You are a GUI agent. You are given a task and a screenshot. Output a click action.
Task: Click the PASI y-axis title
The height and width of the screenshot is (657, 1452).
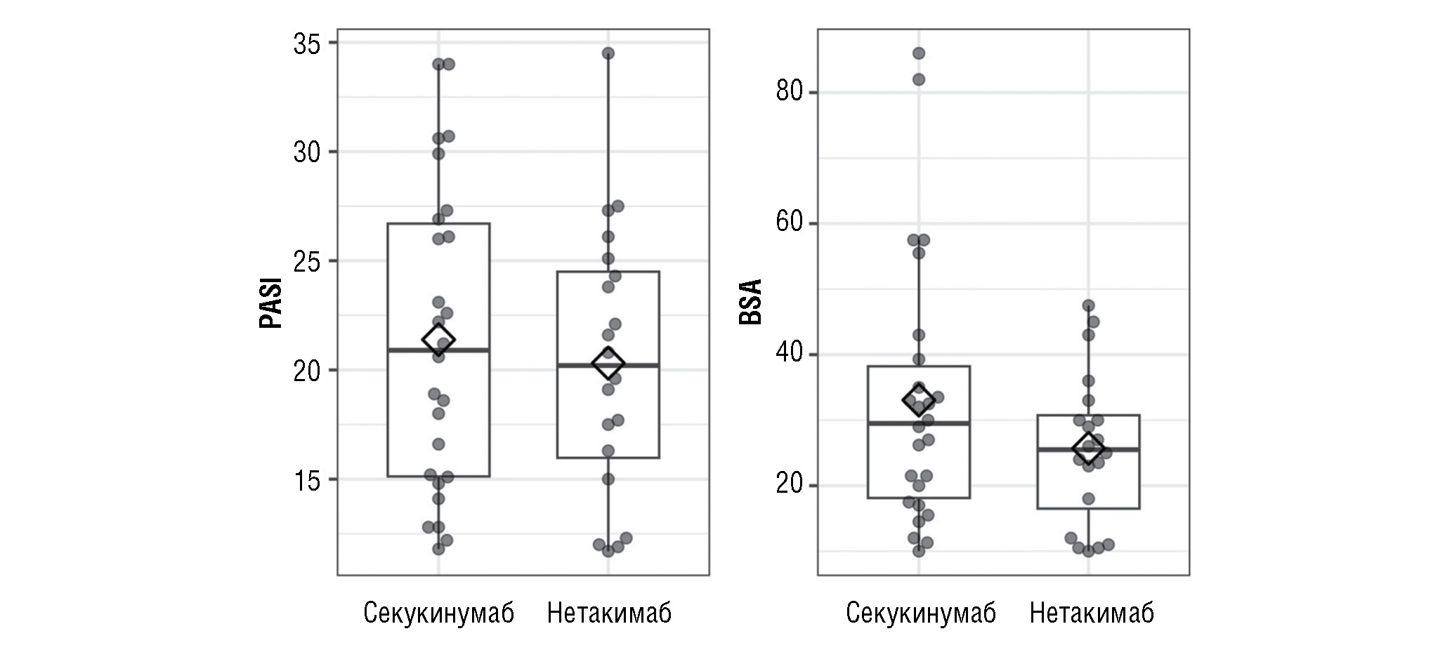pos(271,303)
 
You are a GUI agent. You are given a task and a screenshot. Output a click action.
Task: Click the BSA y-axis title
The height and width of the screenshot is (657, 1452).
pos(751,303)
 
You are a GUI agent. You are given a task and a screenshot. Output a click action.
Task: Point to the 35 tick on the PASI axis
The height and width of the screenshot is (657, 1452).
pos(306,44)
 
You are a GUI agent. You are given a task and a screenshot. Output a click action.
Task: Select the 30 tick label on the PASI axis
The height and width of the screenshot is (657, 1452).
pos(306,152)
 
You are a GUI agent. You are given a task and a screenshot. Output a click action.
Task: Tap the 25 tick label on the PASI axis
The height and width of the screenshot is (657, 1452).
pos(306,261)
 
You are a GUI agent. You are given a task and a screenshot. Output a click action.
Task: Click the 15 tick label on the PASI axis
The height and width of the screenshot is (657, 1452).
pos(306,480)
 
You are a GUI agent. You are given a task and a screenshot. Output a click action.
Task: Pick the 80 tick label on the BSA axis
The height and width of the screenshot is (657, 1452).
pos(790,92)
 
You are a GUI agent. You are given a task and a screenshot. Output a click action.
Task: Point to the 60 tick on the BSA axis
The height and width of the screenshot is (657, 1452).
pos(790,223)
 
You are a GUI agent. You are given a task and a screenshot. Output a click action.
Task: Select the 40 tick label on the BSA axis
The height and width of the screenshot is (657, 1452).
pos(790,354)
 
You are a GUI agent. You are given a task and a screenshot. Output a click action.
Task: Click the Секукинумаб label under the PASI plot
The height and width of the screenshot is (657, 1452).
pos(438,613)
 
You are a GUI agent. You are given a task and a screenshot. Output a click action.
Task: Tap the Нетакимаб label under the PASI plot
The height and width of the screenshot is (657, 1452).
pos(609,613)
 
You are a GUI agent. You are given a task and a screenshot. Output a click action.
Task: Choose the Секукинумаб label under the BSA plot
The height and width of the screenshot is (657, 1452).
pos(920,613)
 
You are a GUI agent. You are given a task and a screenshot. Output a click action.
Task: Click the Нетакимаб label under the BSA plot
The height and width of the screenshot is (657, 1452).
pos(1091,613)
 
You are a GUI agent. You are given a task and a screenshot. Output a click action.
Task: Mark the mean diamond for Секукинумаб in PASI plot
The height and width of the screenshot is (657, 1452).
pos(438,340)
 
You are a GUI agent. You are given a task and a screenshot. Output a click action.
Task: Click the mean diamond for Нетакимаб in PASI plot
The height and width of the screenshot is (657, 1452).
pos(608,364)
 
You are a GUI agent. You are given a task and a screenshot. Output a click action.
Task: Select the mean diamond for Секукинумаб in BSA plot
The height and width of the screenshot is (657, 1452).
pos(918,399)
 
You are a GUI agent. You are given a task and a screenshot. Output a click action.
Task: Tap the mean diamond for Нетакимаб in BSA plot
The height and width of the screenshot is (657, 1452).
pos(1089,448)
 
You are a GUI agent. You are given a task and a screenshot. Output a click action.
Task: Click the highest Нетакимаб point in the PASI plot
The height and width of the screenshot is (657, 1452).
pos(608,53)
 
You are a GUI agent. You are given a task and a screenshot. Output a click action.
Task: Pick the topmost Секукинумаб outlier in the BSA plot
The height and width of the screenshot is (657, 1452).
pos(918,53)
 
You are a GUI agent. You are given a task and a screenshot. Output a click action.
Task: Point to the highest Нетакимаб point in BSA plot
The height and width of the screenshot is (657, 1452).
pos(1089,306)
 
